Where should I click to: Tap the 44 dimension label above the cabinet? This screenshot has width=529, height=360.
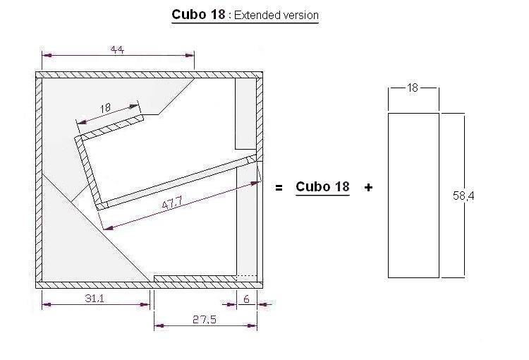(x=118, y=49)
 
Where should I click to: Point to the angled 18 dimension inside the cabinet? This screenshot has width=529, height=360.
(x=106, y=108)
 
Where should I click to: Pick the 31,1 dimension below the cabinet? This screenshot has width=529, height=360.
(x=95, y=299)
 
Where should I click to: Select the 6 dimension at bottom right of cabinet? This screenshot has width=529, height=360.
(x=246, y=299)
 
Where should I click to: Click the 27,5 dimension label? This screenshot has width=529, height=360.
(x=205, y=319)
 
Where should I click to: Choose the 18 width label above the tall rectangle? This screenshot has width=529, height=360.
(x=413, y=88)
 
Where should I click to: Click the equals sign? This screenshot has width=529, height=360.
(x=279, y=188)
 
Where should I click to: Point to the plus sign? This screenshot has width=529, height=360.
(x=368, y=188)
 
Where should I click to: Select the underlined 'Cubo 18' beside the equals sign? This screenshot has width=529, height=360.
(x=322, y=187)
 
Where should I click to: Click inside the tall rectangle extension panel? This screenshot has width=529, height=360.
(x=414, y=194)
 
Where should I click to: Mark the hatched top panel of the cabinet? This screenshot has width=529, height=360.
(x=148, y=74)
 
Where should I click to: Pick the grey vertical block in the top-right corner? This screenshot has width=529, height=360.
(x=245, y=113)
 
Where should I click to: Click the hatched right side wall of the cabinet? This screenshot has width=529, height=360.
(x=260, y=212)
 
